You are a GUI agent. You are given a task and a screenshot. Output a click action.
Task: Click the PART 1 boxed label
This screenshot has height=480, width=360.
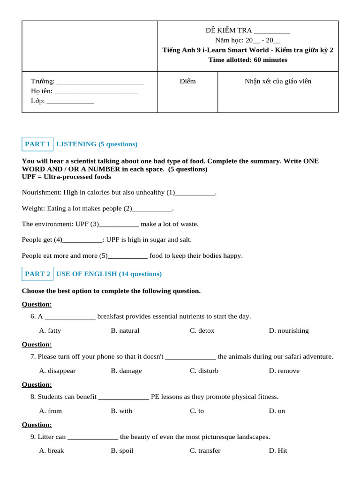[x=37, y=144]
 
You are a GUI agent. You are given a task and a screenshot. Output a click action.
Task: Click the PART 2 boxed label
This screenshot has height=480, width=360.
[x=37, y=274]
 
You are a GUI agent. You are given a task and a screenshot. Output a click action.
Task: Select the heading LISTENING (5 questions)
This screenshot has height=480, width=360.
[x=97, y=144]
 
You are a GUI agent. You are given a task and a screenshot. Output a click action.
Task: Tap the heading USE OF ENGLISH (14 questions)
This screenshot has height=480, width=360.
[x=109, y=274]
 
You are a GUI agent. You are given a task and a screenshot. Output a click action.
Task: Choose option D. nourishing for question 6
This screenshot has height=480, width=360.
[x=289, y=330]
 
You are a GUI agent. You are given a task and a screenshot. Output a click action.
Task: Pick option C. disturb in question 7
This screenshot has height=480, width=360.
[x=204, y=371]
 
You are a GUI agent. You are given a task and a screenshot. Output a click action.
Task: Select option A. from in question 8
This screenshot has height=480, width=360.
[x=51, y=411]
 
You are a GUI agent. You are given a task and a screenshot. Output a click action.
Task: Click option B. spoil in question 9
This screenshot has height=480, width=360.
[x=122, y=450]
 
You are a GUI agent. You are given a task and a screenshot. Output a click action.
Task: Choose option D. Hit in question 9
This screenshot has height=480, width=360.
[x=278, y=450]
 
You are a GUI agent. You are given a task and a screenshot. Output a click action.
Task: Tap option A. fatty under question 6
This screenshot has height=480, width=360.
[x=50, y=330]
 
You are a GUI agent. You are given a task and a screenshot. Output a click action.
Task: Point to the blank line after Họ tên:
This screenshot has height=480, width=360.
[x=96, y=92]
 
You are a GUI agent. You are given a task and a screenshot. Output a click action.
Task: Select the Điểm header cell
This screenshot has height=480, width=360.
[x=187, y=81]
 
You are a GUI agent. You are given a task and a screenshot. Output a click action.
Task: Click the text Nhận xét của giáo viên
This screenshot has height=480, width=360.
[x=278, y=81]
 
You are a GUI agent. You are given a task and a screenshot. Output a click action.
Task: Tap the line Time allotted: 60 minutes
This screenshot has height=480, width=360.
[x=248, y=60]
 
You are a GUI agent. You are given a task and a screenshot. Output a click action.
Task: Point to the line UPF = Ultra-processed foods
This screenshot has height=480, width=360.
[x=67, y=177]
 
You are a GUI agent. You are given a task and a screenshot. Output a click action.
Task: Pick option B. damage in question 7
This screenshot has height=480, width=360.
[x=126, y=371]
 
